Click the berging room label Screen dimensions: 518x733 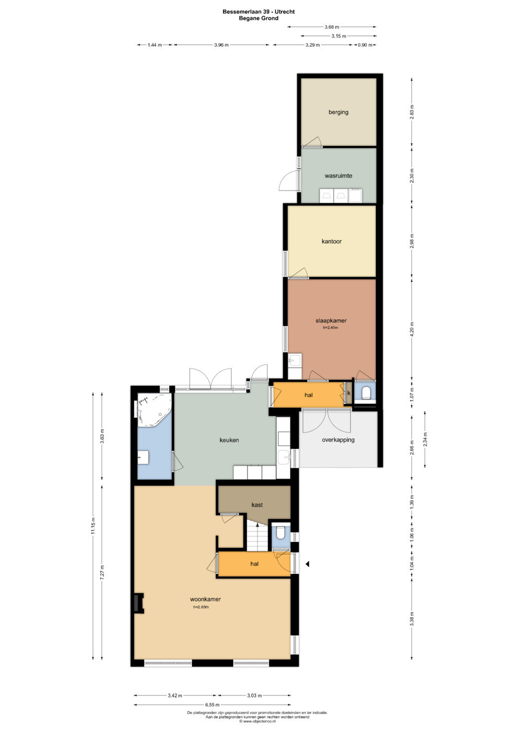tap(338, 112)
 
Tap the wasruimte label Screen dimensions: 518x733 tap(338, 176)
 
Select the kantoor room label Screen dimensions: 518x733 tap(331, 241)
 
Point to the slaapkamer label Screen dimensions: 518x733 tap(331, 321)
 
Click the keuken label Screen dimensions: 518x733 tap(229, 440)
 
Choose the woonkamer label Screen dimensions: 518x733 tap(205, 599)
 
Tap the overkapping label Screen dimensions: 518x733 tap(338, 440)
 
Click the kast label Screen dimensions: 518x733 tap(257, 505)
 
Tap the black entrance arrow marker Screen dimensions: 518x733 tap(307, 564)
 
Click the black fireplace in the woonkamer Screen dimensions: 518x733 tap(138, 602)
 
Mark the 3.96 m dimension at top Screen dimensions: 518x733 tap(221, 45)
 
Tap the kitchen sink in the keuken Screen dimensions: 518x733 tap(283, 457)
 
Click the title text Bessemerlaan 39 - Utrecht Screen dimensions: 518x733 tap(259, 12)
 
